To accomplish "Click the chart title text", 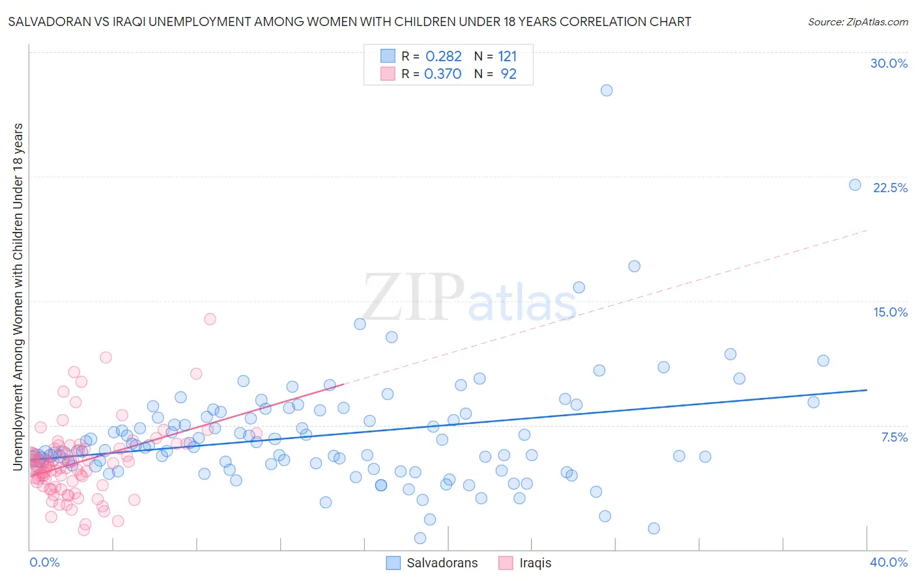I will (349, 21).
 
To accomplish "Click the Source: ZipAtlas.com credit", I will (857, 21).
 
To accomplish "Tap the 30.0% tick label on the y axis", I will (889, 63).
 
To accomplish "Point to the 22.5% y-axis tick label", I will (890, 188).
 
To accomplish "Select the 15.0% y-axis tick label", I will (890, 312).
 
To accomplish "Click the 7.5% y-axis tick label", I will (894, 437).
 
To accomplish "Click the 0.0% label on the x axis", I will (44, 562).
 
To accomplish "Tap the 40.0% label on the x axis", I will (889, 562).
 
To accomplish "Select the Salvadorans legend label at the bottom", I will (442, 563).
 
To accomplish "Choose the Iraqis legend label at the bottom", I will (535, 563).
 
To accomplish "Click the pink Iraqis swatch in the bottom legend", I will (506, 563).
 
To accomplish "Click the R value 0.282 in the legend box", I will (443, 56).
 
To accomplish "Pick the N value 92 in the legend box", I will (508, 74).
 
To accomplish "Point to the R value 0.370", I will (443, 74).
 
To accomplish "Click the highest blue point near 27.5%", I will (607, 91).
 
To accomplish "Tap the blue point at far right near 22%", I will (855, 185).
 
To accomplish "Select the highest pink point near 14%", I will (210, 319).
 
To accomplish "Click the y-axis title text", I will (18, 296).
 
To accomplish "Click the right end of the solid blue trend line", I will (866, 390).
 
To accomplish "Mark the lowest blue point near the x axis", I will (420, 538).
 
